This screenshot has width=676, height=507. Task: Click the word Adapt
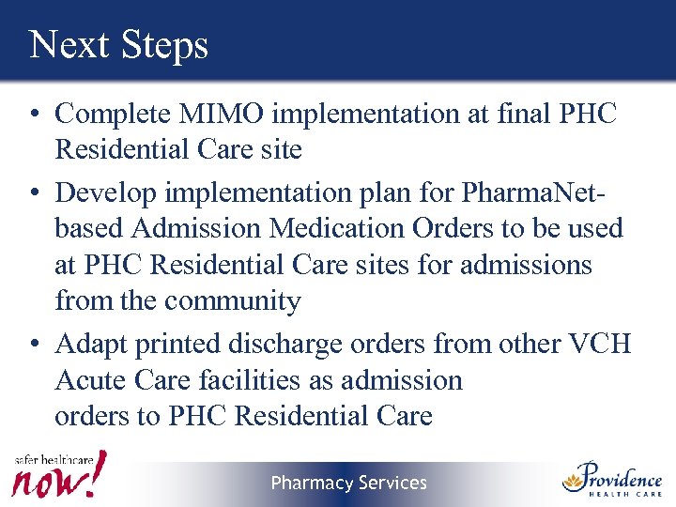(x=91, y=345)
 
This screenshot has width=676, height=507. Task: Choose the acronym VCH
(x=600, y=344)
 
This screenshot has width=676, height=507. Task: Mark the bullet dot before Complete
(x=33, y=115)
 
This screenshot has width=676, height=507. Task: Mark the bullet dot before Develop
(x=33, y=193)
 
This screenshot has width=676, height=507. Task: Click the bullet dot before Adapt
(x=33, y=346)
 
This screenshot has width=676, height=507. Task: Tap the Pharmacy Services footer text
(x=348, y=483)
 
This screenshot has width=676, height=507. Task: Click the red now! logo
(x=58, y=477)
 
